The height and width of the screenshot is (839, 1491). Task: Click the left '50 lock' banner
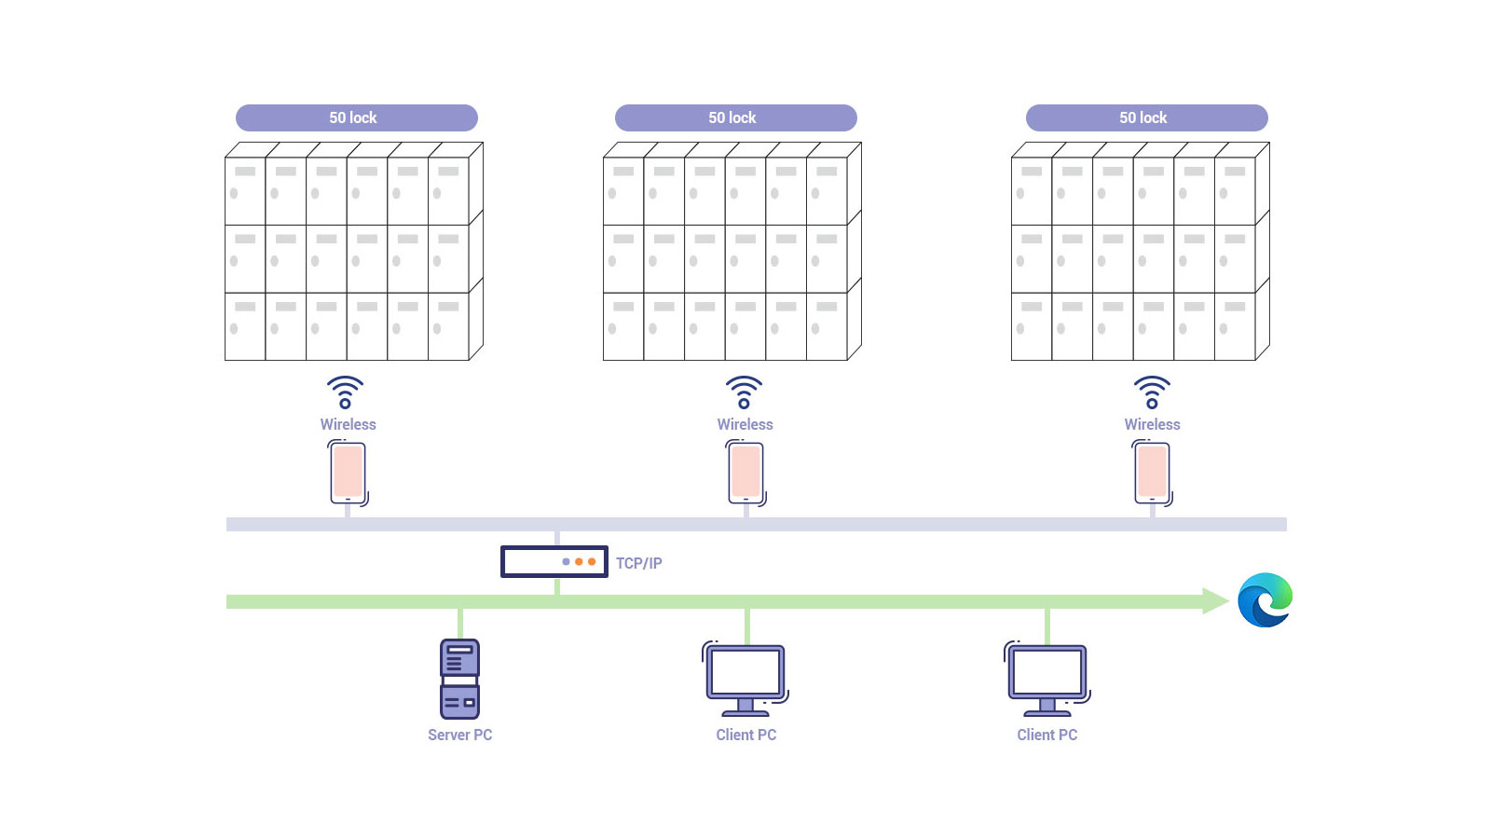pyautogui.click(x=356, y=117)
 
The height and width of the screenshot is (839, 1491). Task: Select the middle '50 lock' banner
pyautogui.click(x=735, y=117)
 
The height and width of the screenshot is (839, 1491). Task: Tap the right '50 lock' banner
pyautogui.click(x=1146, y=117)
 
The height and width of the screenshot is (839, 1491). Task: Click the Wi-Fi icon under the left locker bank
pyautogui.click(x=345, y=392)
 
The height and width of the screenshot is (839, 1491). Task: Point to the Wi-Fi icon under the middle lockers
pyautogui.click(x=744, y=392)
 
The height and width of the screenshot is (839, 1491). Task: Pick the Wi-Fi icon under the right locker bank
pyautogui.click(x=1152, y=392)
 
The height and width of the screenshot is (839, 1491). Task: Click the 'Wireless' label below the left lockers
pyautogui.click(x=349, y=424)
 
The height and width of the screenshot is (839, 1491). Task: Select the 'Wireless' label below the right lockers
pyautogui.click(x=1152, y=424)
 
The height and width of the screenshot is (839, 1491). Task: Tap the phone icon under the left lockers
pyautogui.click(x=349, y=473)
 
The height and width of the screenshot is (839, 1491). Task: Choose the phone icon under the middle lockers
pyautogui.click(x=745, y=473)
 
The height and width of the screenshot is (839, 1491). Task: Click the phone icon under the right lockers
pyautogui.click(x=1153, y=473)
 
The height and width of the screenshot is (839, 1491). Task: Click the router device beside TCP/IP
pyautogui.click(x=554, y=561)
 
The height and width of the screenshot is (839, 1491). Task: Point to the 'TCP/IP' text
pyautogui.click(x=638, y=563)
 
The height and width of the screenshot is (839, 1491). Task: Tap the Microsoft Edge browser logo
pyautogui.click(x=1265, y=600)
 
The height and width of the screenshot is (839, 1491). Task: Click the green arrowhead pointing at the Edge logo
pyautogui.click(x=1215, y=601)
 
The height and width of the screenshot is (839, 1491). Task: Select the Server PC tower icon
pyautogui.click(x=459, y=679)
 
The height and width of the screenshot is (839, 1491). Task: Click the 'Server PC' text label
pyautogui.click(x=459, y=735)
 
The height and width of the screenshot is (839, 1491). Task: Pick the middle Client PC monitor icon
pyautogui.click(x=745, y=679)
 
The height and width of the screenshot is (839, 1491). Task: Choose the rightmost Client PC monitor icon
pyautogui.click(x=1047, y=679)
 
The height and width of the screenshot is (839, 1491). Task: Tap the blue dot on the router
pyautogui.click(x=566, y=562)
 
